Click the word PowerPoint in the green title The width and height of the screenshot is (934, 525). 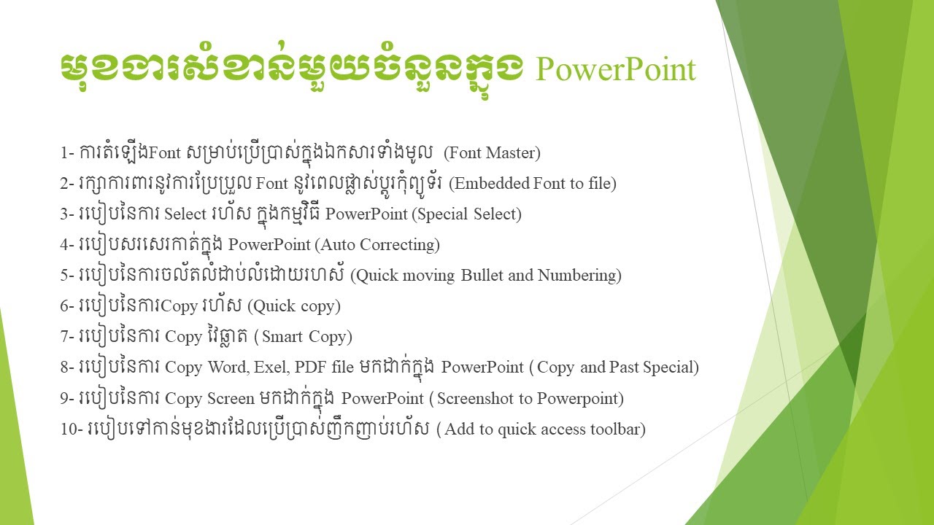[x=616, y=71]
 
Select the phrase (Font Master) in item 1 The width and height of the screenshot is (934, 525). [x=492, y=153]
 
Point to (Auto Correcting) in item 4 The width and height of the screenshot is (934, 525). [x=377, y=245]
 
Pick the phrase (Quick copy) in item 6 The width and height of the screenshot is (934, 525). [x=294, y=306]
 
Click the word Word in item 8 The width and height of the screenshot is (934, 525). [x=227, y=367]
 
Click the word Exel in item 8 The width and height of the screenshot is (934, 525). [x=270, y=367]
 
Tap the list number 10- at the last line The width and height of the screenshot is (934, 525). [x=72, y=429]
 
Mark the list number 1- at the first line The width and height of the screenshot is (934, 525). [x=67, y=153]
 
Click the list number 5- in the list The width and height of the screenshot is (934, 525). [x=67, y=276]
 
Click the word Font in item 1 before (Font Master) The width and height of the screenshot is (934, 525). [x=164, y=153]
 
